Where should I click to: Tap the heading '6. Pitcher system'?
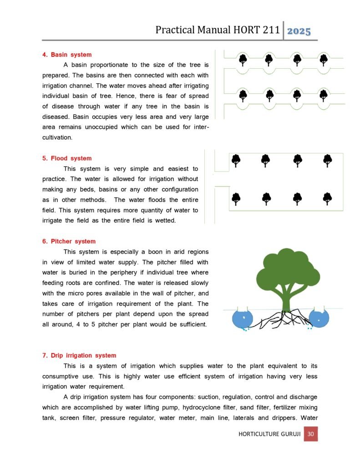click(69, 241)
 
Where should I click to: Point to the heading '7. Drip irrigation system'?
click(79, 355)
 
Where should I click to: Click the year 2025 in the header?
click(299, 31)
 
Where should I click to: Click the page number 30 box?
click(311, 434)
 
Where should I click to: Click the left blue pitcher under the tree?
click(245, 319)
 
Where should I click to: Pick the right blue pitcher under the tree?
click(319, 319)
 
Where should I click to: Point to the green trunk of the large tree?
click(286, 300)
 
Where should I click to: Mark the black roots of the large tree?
click(280, 319)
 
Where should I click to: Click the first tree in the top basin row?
click(243, 59)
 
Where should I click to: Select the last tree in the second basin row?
click(323, 95)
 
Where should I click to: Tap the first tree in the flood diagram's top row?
click(236, 160)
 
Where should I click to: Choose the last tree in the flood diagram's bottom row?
click(327, 198)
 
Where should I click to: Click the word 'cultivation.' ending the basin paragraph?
click(57, 137)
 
